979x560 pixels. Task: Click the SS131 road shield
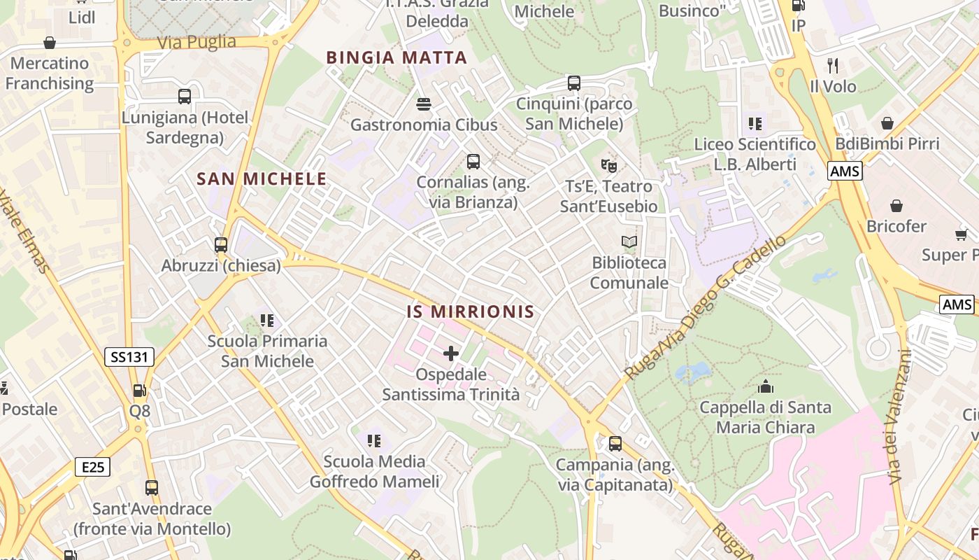point(129,357)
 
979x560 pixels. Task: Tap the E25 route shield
point(92,467)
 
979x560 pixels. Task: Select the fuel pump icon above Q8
point(140,391)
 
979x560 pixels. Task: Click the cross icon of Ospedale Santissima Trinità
point(451,353)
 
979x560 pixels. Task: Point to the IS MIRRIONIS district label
point(471,311)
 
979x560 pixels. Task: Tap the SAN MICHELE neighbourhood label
point(262,179)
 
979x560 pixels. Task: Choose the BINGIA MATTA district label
point(396,58)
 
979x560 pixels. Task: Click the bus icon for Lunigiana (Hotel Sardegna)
point(185,97)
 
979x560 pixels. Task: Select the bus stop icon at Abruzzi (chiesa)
point(221,245)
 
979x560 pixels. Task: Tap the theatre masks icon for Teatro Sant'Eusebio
point(609,166)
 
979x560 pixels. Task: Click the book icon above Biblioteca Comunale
point(629,242)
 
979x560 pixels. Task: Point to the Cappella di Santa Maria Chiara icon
point(766,386)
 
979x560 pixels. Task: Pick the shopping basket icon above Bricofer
point(896,206)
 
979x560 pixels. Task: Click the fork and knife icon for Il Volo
point(832,66)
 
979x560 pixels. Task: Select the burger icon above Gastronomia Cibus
point(423,104)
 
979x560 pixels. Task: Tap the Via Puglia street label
point(196,42)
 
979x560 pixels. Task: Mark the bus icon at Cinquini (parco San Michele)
point(574,83)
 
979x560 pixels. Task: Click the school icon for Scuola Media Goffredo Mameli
point(374,441)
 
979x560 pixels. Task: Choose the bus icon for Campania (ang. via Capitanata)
point(615,444)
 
